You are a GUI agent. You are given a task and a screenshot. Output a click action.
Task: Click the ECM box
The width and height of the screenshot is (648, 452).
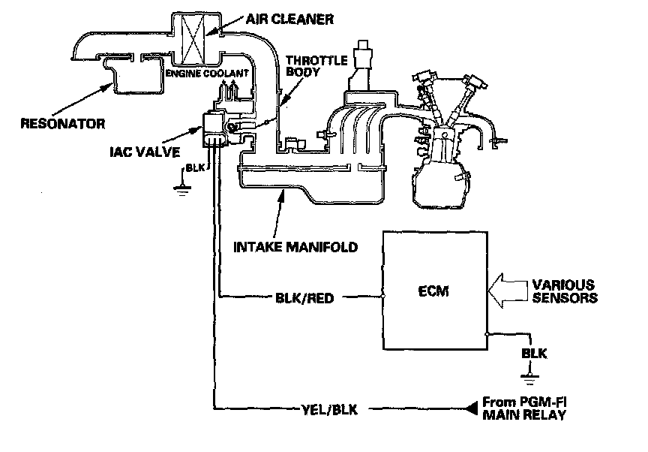click(x=436, y=291)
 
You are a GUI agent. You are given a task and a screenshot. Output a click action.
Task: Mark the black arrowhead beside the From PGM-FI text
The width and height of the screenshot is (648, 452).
click(x=471, y=408)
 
